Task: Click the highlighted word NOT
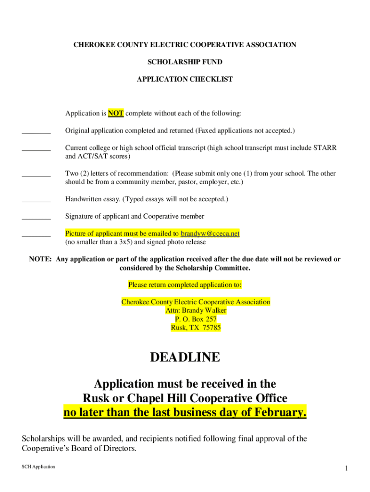pos(116,113)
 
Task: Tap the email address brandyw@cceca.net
pos(210,234)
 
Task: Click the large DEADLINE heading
pos(185,357)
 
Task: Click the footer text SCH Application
pos(38,467)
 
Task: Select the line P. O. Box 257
pos(196,319)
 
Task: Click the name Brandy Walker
pos(205,310)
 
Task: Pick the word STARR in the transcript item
pos(325,148)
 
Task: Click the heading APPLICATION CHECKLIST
pos(185,79)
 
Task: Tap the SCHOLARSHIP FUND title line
pos(185,62)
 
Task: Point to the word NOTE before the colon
pos(40,259)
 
